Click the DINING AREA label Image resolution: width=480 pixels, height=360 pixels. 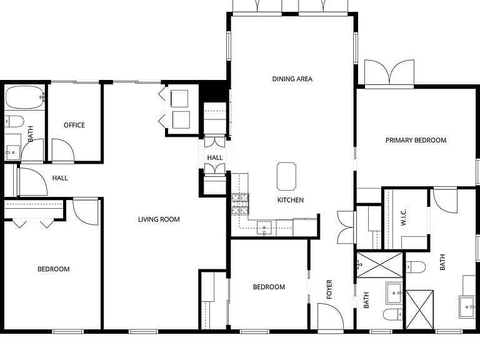click(292, 79)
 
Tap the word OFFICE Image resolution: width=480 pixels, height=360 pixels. click(74, 125)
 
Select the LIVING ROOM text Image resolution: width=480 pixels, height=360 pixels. click(159, 219)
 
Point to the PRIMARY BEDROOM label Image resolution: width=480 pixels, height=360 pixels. click(416, 140)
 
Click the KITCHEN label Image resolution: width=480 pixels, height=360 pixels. click(291, 200)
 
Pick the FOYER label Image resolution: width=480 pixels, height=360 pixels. click(329, 289)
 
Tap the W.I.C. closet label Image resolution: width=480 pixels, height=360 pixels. click(404, 217)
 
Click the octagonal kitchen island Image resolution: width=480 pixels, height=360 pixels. click(286, 176)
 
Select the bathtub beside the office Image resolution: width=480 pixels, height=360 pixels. click(25, 97)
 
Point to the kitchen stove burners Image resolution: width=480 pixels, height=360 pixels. click(240, 204)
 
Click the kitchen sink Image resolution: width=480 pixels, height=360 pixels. click(264, 228)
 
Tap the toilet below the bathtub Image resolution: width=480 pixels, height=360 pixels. click(14, 121)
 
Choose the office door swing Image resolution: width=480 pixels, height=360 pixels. click(62, 150)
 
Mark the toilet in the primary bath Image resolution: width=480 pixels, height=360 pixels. click(416, 267)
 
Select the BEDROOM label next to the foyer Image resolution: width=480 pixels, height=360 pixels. click(269, 287)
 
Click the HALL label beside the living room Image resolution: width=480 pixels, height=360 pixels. click(215, 157)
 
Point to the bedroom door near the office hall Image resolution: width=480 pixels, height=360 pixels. click(86, 212)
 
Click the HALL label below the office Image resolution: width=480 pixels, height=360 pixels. click(60, 178)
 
